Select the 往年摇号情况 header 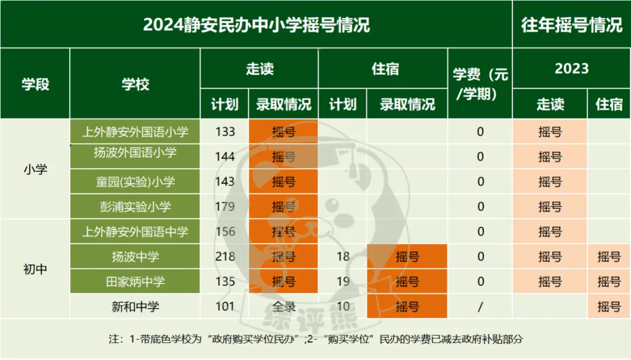[571, 25]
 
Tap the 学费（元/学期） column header [480, 84]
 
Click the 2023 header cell [571, 68]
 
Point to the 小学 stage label [35, 169]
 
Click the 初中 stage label [35, 269]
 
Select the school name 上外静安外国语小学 [135, 132]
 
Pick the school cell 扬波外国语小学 [135, 153]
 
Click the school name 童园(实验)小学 [135, 182]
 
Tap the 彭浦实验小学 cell [135, 207]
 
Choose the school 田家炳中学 [135, 282]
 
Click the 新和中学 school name [135, 306]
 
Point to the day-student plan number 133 [225, 132]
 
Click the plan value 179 [225, 207]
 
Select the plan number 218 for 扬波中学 [225, 257]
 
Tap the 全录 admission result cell [283, 306]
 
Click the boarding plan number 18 [343, 257]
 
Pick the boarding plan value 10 [343, 306]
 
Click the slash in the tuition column [480, 306]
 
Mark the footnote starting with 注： [315, 339]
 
